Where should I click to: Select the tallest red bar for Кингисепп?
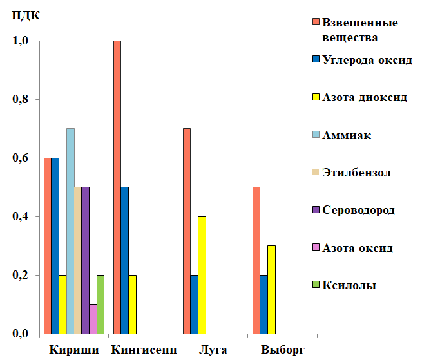[117, 187]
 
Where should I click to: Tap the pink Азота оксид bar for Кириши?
[93, 319]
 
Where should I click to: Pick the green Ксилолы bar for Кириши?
[101, 304]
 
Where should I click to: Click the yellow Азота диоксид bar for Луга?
[202, 275]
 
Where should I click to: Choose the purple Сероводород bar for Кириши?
[85, 260]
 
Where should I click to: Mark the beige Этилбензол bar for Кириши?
[78, 260]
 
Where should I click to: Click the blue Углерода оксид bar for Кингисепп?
[124, 260]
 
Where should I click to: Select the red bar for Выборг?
[256, 260]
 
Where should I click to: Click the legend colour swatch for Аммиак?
[315, 135]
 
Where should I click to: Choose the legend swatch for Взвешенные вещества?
[315, 23]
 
